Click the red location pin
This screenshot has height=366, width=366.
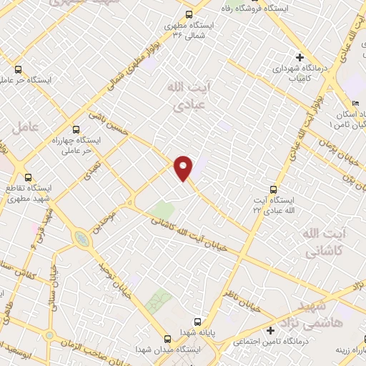184,167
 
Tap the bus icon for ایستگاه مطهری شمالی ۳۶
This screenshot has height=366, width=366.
189,14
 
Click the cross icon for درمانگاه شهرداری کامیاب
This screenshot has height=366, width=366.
300,57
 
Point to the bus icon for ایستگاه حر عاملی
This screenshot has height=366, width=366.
18,70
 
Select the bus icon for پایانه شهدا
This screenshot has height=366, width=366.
199,322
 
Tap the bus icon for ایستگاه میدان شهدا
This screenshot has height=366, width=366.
166,339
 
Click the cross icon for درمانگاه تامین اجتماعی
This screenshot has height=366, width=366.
270,331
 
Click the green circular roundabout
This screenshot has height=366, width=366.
81,239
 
